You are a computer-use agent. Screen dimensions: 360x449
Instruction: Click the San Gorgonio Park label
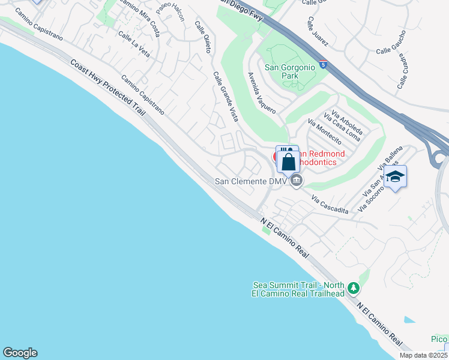(x=290, y=72)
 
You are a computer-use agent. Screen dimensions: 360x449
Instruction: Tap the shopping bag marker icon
(x=289, y=161)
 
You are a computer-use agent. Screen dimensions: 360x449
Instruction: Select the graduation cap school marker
(x=395, y=176)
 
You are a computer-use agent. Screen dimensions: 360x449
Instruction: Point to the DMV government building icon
(x=295, y=181)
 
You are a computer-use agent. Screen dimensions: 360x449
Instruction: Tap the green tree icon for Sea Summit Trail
(x=354, y=289)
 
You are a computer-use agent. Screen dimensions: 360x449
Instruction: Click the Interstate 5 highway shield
(x=324, y=64)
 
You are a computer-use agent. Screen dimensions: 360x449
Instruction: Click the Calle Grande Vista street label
(x=225, y=97)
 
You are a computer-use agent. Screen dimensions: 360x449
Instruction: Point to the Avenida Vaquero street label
(x=262, y=93)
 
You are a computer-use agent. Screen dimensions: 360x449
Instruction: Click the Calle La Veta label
(x=134, y=44)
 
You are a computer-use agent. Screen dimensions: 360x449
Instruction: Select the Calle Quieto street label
(x=203, y=37)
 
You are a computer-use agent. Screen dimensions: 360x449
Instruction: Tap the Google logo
(x=20, y=353)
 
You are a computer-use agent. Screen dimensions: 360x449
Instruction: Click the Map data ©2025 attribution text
(x=424, y=355)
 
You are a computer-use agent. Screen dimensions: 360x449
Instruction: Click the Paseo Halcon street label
(x=170, y=11)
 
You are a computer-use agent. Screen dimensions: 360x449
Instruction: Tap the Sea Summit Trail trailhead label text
(x=298, y=289)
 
